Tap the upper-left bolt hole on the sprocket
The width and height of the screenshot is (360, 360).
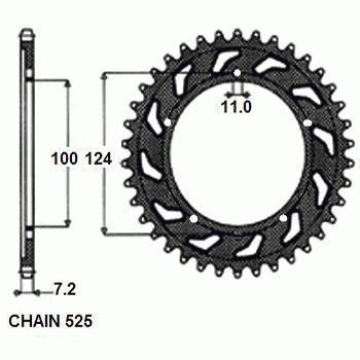pos(171,123)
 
